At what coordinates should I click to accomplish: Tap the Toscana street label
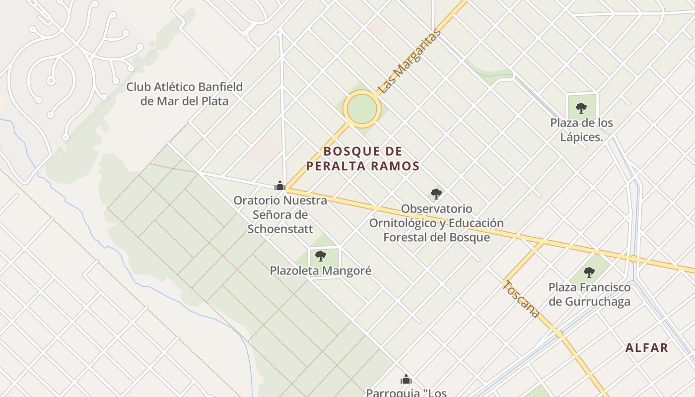coord(521,298)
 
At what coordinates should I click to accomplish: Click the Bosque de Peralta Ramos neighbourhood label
coord(363,158)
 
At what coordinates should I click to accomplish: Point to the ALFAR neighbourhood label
coord(647,348)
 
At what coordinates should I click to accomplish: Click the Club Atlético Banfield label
coord(184,94)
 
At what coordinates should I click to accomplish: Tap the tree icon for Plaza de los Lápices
coord(581,108)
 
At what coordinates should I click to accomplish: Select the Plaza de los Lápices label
coord(581,130)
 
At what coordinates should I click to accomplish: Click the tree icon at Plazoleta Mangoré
coord(321,256)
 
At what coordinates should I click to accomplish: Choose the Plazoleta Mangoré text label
coord(321,271)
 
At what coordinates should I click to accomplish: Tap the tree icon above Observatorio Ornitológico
coord(436,194)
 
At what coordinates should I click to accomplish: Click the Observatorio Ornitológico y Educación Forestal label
coord(436,223)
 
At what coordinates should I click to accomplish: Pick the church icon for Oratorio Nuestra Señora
coord(280,186)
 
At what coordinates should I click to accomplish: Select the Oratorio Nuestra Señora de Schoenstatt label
coord(280,215)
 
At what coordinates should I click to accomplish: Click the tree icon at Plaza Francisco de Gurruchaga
coord(589,272)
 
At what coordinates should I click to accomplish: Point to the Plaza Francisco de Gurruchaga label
coord(589,294)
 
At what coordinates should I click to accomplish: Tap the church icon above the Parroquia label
coord(406,380)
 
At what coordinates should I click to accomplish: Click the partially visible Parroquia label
coord(406,393)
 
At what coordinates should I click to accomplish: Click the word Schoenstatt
coord(280,229)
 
